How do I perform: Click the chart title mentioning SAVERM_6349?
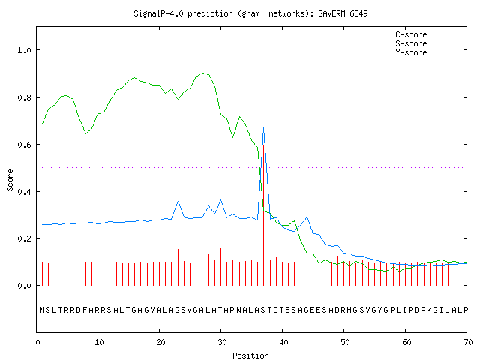coord(250,13)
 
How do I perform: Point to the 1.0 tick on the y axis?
coord(25,50)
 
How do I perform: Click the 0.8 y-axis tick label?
coord(25,97)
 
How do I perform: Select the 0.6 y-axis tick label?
coord(25,145)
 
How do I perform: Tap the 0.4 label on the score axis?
coord(25,192)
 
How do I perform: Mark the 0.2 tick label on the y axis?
coord(25,238)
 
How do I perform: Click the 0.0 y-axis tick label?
coord(25,286)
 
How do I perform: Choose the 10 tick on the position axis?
coord(99,342)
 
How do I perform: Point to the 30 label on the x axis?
coord(222,342)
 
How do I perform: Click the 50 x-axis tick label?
coord(345,342)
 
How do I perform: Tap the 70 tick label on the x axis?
coord(468,342)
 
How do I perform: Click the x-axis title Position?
coord(250,355)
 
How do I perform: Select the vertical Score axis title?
coord(10,180)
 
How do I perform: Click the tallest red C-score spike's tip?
coord(263,145)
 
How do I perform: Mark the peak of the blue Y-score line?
coord(263,128)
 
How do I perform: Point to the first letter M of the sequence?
coord(42,310)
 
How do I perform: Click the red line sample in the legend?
coord(447,34)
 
